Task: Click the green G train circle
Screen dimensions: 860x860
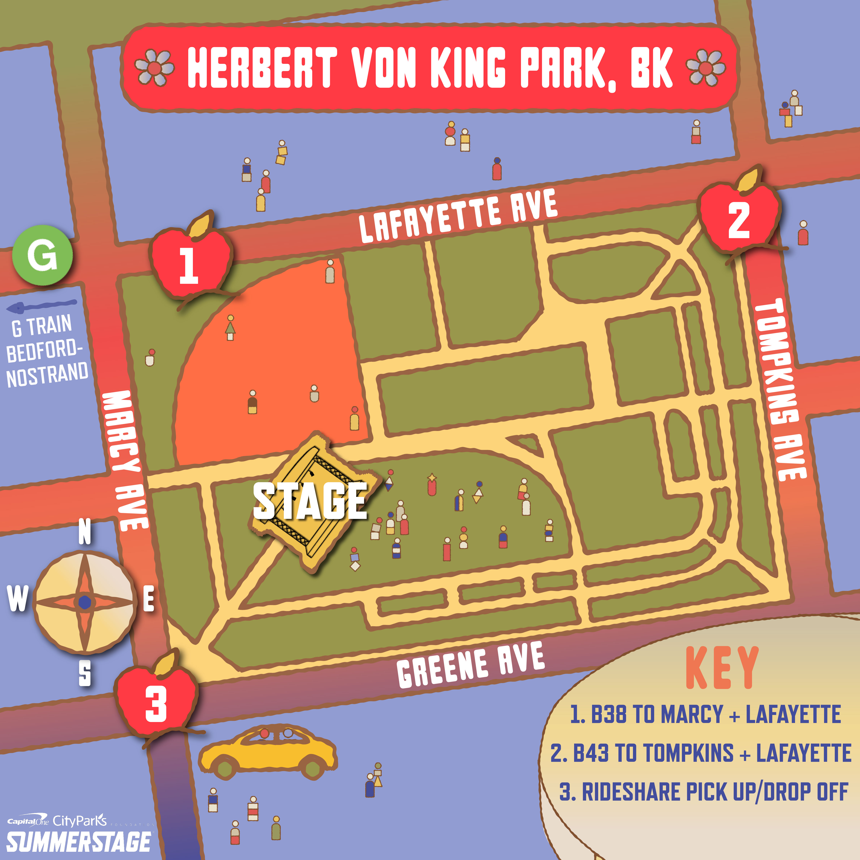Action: (x=42, y=255)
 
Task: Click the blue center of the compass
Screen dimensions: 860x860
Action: (x=85, y=602)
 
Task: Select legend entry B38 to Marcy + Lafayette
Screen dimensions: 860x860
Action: (x=706, y=714)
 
